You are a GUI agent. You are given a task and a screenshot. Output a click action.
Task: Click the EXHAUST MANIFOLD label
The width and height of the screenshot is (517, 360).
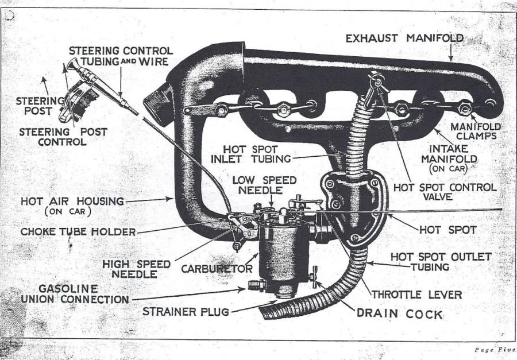click(x=405, y=38)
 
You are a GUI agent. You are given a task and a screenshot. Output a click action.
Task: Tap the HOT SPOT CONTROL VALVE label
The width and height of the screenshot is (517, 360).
click(x=445, y=192)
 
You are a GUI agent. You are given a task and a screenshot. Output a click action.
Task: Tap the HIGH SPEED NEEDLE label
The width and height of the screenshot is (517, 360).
click(x=137, y=269)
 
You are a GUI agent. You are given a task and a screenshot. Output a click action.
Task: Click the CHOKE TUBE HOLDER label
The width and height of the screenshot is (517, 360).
click(x=78, y=231)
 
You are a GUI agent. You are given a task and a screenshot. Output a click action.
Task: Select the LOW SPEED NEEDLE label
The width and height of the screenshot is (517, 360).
click(x=264, y=185)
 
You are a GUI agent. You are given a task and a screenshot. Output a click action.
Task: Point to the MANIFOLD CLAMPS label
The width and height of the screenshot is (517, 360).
click(x=474, y=131)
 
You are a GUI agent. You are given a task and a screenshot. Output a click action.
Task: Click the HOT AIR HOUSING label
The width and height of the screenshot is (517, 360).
click(x=72, y=205)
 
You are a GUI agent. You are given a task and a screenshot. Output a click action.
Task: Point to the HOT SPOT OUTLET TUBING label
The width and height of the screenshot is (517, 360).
click(x=441, y=261)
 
